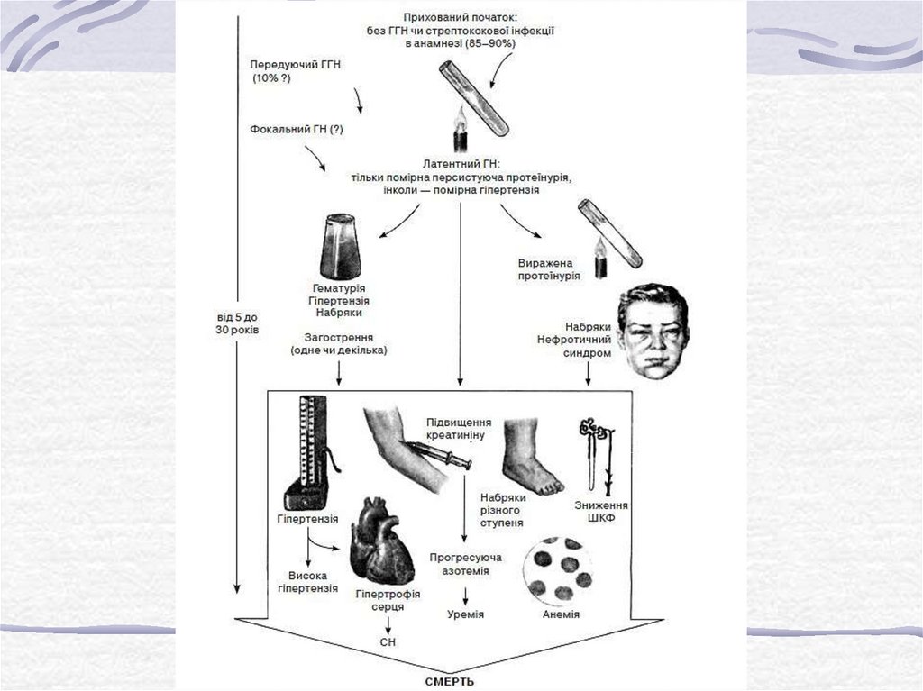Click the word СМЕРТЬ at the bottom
click(449, 681)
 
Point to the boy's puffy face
click(653, 331)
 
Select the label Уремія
click(465, 614)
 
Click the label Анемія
click(561, 614)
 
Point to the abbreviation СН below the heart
click(388, 641)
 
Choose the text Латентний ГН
click(460, 165)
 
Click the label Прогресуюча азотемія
click(466, 564)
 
